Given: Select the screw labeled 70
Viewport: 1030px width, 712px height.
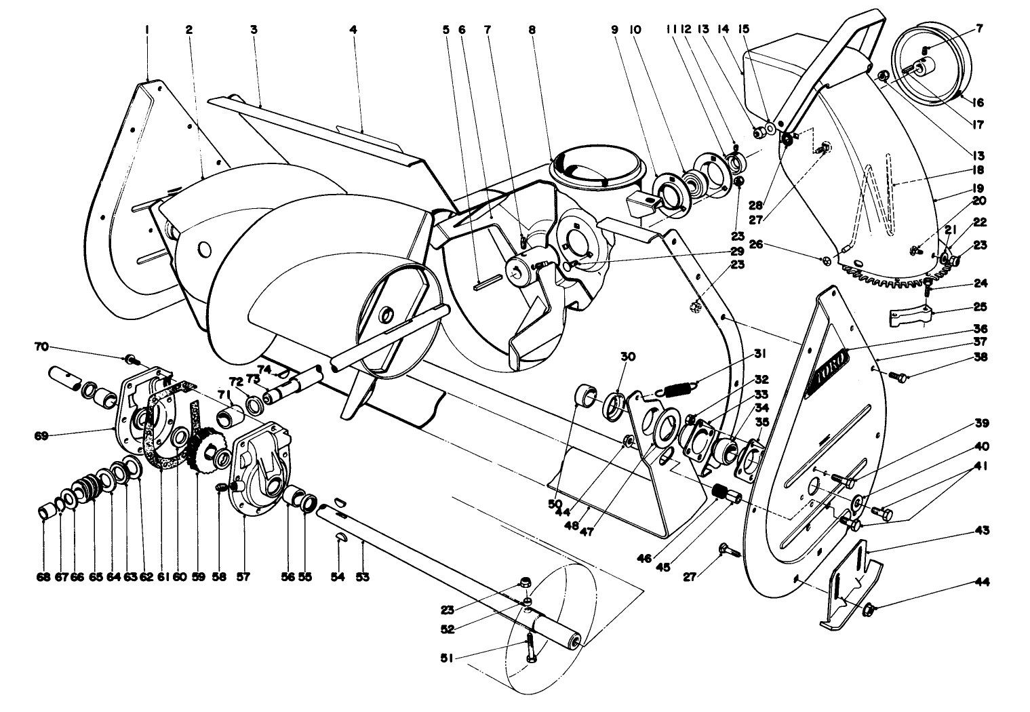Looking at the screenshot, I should (129, 357).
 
